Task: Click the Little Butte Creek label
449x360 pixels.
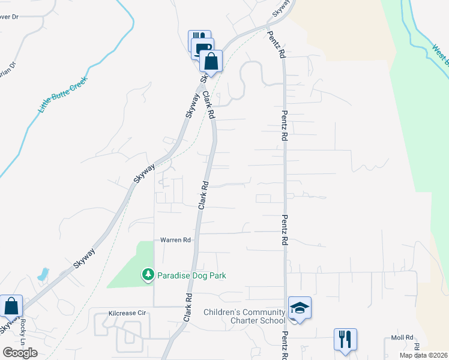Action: [x=63, y=94]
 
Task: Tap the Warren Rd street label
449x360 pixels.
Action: [x=175, y=240]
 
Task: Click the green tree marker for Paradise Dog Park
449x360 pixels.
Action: [x=148, y=275]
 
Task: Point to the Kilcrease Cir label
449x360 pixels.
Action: [x=127, y=313]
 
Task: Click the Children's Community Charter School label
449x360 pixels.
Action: [x=244, y=316]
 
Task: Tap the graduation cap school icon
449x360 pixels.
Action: [x=300, y=308]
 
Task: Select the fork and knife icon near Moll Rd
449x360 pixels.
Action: [x=345, y=340]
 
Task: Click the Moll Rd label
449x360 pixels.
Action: [x=402, y=338]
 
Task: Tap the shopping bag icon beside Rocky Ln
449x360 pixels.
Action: [x=11, y=306]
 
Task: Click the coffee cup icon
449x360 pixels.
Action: [x=203, y=49]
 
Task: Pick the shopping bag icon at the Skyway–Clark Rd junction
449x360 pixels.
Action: [x=211, y=61]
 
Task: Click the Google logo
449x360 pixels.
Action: [x=20, y=353]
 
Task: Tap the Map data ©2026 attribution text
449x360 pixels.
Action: [x=423, y=355]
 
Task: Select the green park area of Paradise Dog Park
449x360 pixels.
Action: [x=129, y=264]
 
